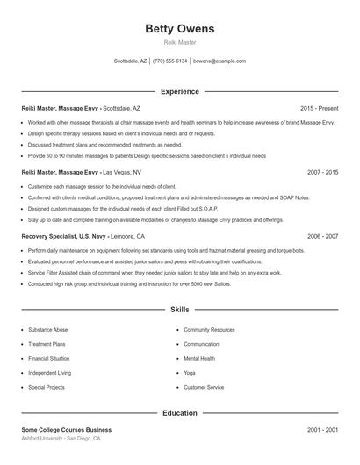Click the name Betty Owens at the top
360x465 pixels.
tap(179, 29)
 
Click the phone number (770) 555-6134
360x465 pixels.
tap(170, 61)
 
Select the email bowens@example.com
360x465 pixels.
tap(220, 61)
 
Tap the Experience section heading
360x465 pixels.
tap(179, 91)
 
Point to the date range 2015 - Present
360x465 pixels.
tap(319, 108)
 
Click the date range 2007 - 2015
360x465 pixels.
tap(322, 173)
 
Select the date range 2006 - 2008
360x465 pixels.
tap(322, 237)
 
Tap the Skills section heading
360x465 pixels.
tap(179, 310)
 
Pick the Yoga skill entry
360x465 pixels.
tap(190, 373)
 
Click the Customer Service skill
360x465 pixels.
tap(204, 387)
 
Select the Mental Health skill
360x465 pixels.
tap(199, 358)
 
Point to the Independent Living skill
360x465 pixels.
tap(50, 373)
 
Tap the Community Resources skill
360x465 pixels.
tap(209, 330)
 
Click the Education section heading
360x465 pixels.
tap(179, 412)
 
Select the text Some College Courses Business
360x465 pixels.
tap(67, 430)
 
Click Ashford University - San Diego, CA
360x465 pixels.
tap(61, 439)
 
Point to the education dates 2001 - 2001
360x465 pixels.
tap(322, 430)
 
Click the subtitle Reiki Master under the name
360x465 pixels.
tap(179, 42)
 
